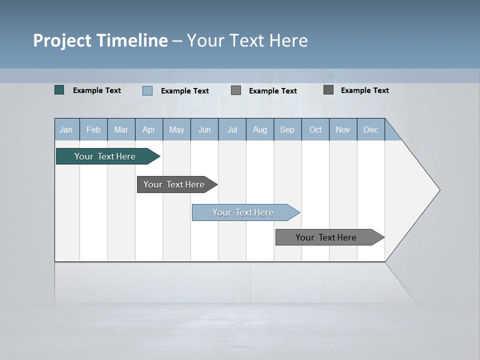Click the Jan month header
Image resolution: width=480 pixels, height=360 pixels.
pyautogui.click(x=66, y=129)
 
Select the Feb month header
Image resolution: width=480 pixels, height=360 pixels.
pyautogui.click(x=93, y=129)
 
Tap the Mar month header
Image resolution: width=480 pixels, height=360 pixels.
pyautogui.click(x=121, y=129)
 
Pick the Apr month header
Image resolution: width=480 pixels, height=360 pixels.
pyautogui.click(x=149, y=129)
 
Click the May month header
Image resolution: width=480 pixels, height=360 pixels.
pyautogui.click(x=176, y=129)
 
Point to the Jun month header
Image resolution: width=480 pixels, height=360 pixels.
pyautogui.click(x=204, y=129)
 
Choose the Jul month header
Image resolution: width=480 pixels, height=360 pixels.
pyautogui.click(x=232, y=129)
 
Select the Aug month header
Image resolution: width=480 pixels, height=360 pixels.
pyautogui.click(x=260, y=129)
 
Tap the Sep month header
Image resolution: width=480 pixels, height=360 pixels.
pyautogui.click(x=287, y=129)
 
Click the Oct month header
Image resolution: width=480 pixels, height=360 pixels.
pyautogui.click(x=315, y=129)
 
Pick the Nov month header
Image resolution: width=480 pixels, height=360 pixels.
pyautogui.click(x=343, y=129)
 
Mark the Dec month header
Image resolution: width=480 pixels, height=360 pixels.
pyautogui.click(x=371, y=129)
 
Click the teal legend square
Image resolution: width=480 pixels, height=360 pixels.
pyautogui.click(x=59, y=90)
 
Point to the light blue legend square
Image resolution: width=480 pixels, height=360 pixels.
pyautogui.click(x=147, y=90)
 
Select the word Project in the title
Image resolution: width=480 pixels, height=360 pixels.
pyautogui.click(x=62, y=40)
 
